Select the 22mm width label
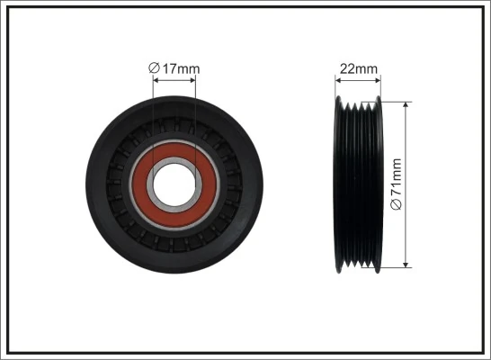tap(358, 68)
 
